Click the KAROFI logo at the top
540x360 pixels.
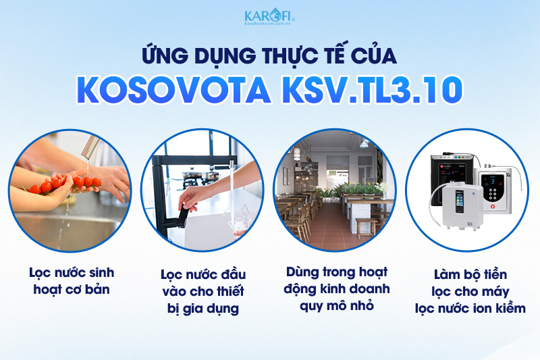(269, 14)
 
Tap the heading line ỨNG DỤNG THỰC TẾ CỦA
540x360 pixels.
(270, 53)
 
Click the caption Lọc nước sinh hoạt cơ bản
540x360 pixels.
(71, 281)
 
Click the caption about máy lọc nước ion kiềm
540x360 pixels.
(467, 291)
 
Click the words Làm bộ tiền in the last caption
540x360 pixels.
(467, 276)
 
